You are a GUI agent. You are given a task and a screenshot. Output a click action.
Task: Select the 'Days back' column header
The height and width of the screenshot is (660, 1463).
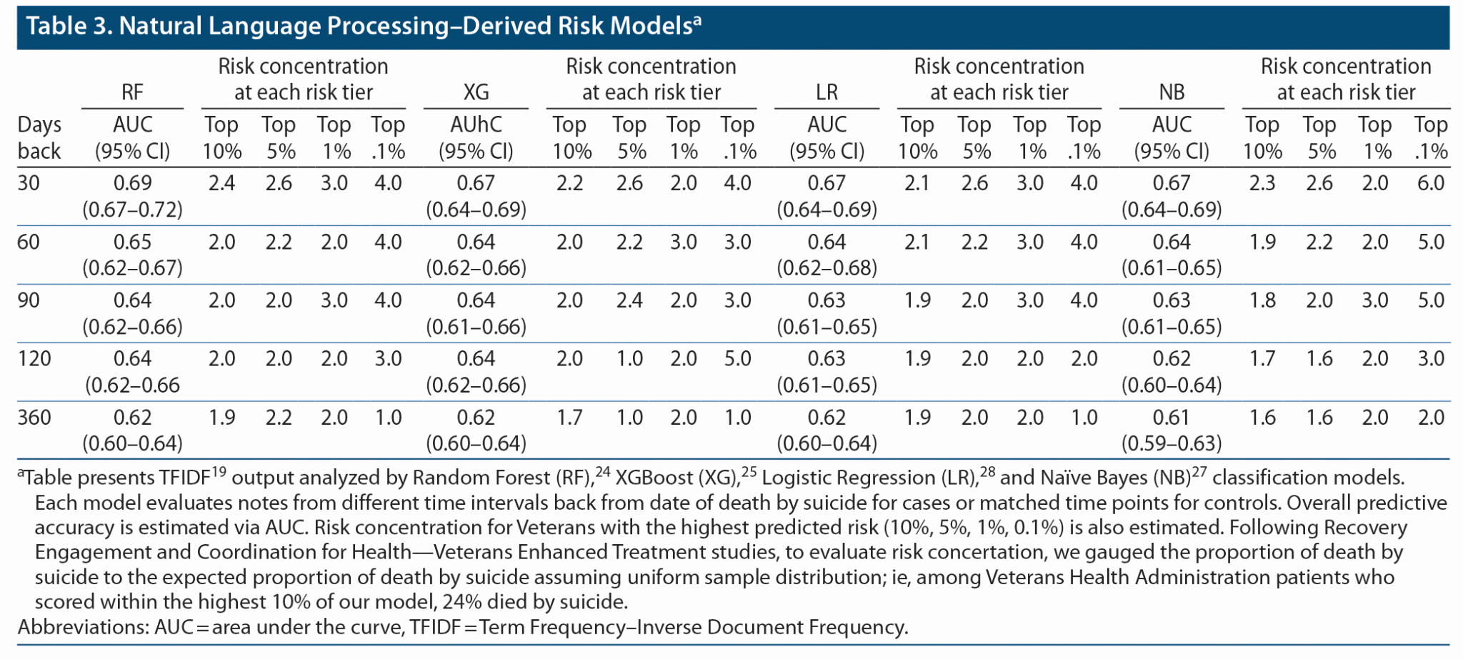click(39, 137)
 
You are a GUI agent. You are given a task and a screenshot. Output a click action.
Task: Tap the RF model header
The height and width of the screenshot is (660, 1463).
click(132, 92)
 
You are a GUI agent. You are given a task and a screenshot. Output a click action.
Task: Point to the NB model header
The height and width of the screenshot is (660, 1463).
click(1172, 92)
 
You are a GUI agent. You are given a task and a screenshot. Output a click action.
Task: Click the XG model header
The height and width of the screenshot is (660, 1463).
click(476, 92)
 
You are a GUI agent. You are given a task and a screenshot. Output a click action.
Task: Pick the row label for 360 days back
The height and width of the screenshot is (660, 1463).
click(34, 417)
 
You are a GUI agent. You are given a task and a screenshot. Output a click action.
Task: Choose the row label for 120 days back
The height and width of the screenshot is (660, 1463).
click(34, 358)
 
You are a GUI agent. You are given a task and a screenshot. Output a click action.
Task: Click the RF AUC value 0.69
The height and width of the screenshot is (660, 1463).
click(132, 183)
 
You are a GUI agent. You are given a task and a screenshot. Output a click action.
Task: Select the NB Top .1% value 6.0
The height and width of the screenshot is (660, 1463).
click(1431, 183)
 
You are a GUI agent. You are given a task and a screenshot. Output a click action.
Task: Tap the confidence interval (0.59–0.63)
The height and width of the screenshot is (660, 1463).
click(1172, 443)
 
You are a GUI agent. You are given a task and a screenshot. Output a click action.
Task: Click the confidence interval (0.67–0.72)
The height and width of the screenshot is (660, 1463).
click(132, 210)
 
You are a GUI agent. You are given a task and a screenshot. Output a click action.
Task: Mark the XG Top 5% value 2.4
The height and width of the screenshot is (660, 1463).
click(629, 300)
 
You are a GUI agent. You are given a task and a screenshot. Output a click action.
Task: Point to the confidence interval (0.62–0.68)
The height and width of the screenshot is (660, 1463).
click(827, 268)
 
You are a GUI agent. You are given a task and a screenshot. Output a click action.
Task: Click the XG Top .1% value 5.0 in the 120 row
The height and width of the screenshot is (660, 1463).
click(737, 358)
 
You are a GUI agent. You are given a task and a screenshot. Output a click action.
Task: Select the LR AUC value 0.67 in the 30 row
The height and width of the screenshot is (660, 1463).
click(827, 183)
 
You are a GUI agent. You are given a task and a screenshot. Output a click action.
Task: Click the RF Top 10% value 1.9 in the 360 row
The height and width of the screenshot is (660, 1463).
click(221, 417)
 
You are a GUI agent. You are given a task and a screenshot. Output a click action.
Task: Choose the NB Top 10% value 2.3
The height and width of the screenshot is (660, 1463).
click(1262, 183)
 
